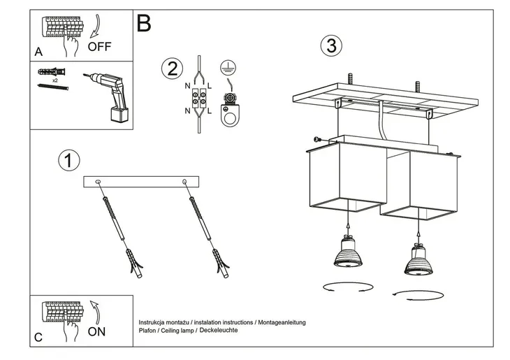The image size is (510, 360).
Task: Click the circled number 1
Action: (x=68, y=160)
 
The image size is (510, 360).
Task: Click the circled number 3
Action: (x=331, y=46)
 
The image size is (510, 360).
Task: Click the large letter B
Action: (x=144, y=24)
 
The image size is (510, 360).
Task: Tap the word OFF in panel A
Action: (x=101, y=47)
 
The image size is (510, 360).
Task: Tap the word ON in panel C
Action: (x=97, y=331)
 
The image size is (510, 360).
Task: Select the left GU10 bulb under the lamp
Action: (x=347, y=252)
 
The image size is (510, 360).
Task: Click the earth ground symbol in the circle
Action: (x=226, y=67)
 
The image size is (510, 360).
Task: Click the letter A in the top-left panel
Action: (x=38, y=52)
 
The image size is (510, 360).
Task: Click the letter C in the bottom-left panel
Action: (x=38, y=337)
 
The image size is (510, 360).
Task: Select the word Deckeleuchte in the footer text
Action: (x=218, y=329)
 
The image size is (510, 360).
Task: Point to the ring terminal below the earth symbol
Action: (x=227, y=116)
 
